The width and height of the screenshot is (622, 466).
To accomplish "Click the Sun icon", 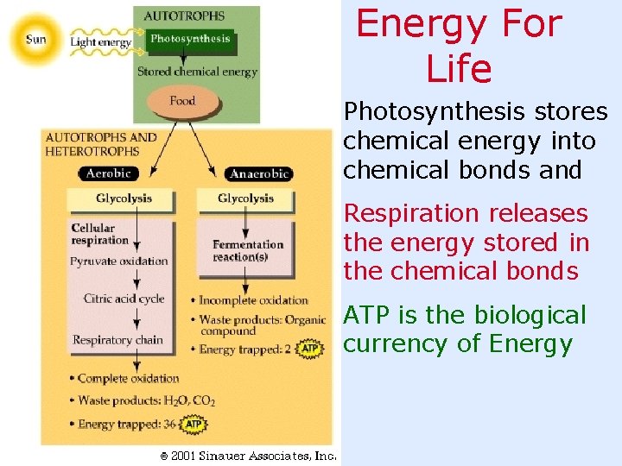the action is click(35, 39).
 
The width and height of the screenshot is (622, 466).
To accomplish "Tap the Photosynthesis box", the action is click(190, 39).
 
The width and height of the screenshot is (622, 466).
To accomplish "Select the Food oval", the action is click(182, 101).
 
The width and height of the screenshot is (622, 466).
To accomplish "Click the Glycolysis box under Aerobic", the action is click(124, 198).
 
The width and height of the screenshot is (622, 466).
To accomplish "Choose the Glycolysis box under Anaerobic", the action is click(245, 198).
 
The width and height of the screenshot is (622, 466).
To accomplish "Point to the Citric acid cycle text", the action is click(124, 299).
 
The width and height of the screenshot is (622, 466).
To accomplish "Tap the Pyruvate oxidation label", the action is click(119, 261).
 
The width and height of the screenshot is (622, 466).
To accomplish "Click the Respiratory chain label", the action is click(117, 340).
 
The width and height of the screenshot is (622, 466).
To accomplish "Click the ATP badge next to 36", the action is click(194, 425).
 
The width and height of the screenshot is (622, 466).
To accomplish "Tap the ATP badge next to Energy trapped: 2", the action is click(310, 349).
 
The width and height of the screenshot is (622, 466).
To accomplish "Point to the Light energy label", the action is click(100, 42).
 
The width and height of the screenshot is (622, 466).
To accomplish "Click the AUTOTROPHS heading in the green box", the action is click(184, 16).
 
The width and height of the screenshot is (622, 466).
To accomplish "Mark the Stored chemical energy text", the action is click(197, 72).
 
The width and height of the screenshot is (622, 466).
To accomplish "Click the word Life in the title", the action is click(459, 68).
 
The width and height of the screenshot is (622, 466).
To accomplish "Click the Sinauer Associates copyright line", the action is click(247, 456).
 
